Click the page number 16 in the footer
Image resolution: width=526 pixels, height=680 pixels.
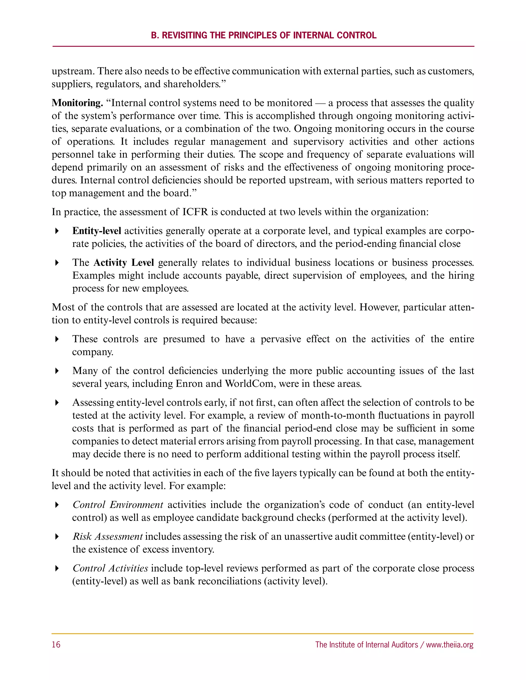pos(56,645)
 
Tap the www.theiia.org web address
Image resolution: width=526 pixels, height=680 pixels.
pos(450,645)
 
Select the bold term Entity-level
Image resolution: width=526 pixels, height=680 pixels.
pos(97,231)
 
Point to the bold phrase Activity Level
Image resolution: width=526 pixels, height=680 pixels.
pos(124,263)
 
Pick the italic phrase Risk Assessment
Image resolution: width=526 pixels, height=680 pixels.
pos(108,537)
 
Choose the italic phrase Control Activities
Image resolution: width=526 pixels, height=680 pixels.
pos(110,568)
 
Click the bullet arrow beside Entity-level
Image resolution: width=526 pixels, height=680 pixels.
pos(57,231)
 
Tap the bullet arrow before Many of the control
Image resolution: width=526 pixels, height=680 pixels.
pos(57,371)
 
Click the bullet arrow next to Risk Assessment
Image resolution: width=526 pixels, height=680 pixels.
pos(57,537)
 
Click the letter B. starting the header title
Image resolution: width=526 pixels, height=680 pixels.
pos(155,35)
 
